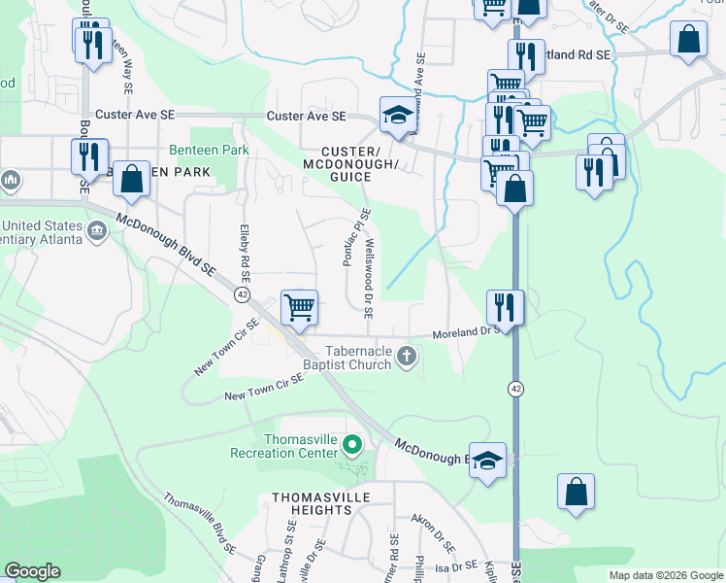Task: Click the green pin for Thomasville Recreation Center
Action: tap(351, 446)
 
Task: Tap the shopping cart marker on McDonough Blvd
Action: tap(300, 307)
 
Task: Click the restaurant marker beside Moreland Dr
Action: tap(505, 307)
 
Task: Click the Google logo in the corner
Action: tap(33, 571)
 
